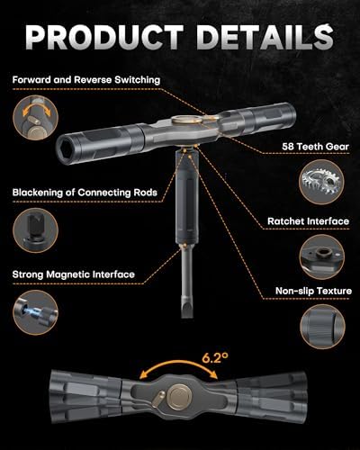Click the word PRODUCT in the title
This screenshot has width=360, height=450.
pyautogui.click(x=104, y=37)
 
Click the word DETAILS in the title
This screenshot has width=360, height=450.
pyautogui.click(x=265, y=37)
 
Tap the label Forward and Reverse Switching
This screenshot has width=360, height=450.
pyautogui.click(x=86, y=80)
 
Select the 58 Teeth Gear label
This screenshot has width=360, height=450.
pyautogui.click(x=315, y=147)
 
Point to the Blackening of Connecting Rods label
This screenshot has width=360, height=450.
pyautogui.click(x=85, y=193)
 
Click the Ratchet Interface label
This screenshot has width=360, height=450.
pyautogui.click(x=309, y=221)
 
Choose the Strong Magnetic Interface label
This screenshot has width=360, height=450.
pyautogui.click(x=74, y=274)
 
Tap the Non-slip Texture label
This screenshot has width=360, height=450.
pyautogui.click(x=313, y=291)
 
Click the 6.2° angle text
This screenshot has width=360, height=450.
pyautogui.click(x=215, y=358)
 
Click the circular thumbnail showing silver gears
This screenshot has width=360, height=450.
pyautogui.click(x=322, y=182)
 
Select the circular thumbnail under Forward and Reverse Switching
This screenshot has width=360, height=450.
pyautogui.click(x=35, y=118)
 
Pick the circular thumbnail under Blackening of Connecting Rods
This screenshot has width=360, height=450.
pyautogui.click(x=35, y=230)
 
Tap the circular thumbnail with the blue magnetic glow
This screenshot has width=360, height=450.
pyautogui.click(x=35, y=312)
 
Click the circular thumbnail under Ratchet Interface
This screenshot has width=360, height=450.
pyautogui.click(x=322, y=257)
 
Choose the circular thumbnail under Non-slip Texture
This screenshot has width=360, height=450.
pyautogui.click(x=322, y=327)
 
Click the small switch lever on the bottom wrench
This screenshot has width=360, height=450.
pyautogui.click(x=158, y=399)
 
